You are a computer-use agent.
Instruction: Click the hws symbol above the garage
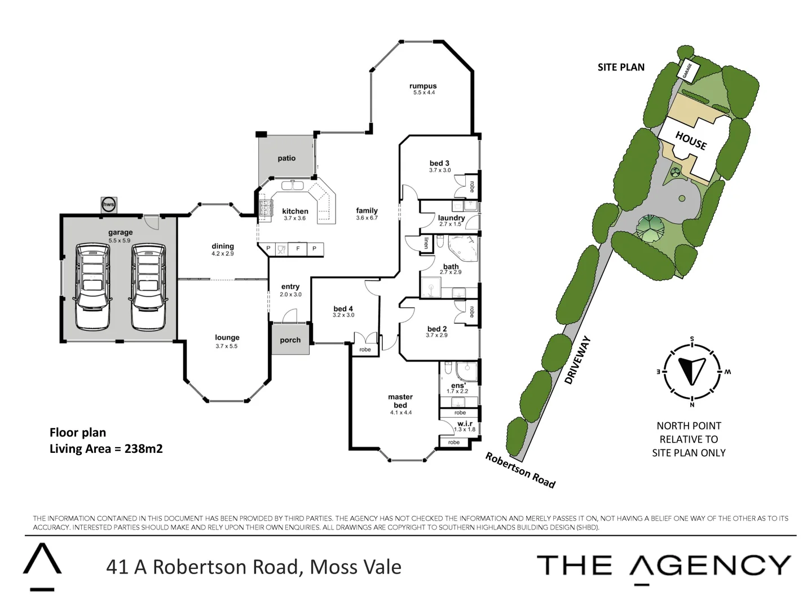coord(108,205)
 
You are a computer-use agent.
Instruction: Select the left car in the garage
coord(92,286)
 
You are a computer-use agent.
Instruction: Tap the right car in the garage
coord(148,286)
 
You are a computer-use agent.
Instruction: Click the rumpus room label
coord(423,86)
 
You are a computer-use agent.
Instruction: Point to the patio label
coord(286,158)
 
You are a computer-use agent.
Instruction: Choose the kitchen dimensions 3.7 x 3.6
coord(294,218)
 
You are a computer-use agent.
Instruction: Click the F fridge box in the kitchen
coord(298,249)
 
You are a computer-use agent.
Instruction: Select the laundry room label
coord(451,218)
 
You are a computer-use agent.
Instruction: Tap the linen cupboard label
coord(426,243)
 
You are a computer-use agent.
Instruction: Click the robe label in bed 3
coord(472,186)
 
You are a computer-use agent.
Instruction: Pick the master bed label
coord(400,401)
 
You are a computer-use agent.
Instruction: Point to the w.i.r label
coord(465,423)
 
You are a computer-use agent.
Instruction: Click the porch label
coord(290,340)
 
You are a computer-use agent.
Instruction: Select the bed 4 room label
coord(343,308)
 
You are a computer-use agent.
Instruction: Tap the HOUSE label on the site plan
coord(691,140)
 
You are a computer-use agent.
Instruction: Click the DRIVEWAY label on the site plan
coord(578,360)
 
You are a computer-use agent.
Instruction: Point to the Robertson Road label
coord(520,470)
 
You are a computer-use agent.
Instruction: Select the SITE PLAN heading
coord(621,67)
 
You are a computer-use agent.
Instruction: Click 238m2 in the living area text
coord(143,449)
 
